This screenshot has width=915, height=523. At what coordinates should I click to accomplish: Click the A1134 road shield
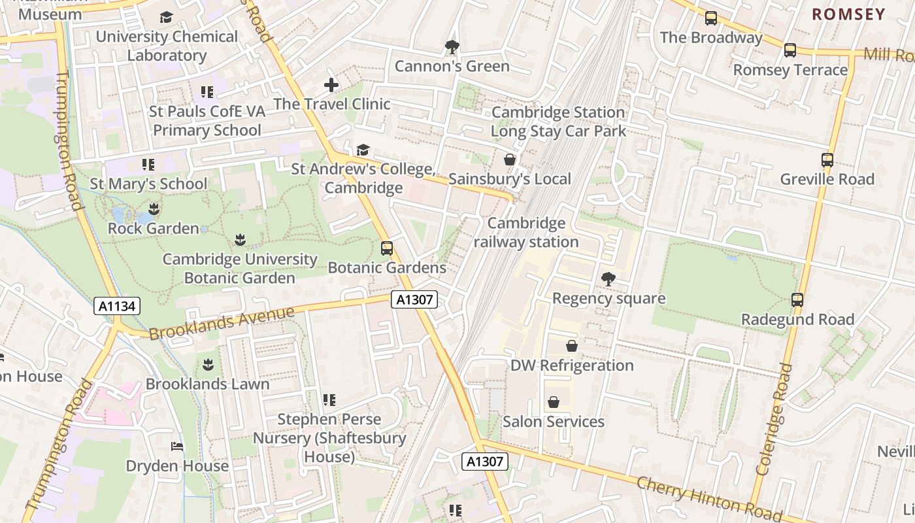click(x=117, y=306)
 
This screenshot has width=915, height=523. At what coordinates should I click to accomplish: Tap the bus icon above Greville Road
click(x=827, y=160)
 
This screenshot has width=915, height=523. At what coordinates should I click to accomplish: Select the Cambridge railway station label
click(x=526, y=233)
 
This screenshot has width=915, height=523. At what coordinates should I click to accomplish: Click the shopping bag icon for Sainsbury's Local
click(x=510, y=160)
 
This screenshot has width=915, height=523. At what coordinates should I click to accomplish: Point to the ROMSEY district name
click(x=848, y=14)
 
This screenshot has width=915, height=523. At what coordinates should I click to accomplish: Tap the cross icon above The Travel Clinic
click(x=331, y=85)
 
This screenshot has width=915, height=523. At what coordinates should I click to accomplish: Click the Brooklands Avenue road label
click(x=222, y=323)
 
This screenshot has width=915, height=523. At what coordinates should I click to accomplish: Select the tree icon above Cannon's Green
click(x=452, y=47)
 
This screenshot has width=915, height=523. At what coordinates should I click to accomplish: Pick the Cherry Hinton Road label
click(x=708, y=496)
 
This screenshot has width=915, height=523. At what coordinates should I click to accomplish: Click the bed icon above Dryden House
click(x=177, y=447)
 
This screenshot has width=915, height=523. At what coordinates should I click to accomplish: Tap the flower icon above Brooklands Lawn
click(x=208, y=364)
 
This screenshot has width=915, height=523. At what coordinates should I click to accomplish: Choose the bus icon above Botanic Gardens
click(x=387, y=248)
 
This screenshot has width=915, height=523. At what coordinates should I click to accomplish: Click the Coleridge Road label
click(x=774, y=418)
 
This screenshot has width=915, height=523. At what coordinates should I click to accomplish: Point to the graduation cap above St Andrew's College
click(x=363, y=150)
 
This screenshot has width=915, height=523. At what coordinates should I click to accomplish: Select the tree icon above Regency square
click(x=608, y=279)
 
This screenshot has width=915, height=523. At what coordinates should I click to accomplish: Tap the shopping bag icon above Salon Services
click(x=554, y=402)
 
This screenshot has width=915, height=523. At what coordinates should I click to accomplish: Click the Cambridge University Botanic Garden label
click(x=240, y=269)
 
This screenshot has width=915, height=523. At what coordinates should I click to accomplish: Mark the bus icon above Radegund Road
click(x=797, y=300)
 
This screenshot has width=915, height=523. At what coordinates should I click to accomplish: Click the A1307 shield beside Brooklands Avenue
click(x=414, y=300)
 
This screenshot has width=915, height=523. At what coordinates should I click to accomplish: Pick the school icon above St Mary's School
click(x=148, y=165)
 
